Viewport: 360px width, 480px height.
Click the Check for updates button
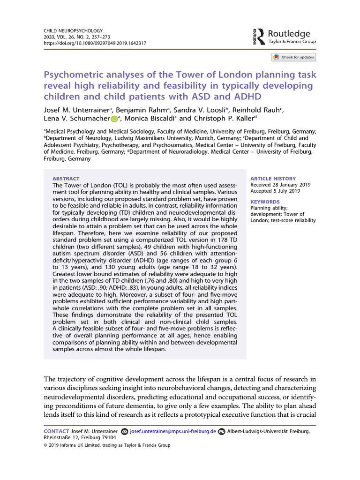pyautogui.click(x=294, y=57)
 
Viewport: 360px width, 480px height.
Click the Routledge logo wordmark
pyautogui.click(x=289, y=33)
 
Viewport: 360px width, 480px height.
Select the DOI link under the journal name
pyautogui.click(x=95, y=43)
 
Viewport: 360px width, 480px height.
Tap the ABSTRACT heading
pyautogui.click(x=66, y=179)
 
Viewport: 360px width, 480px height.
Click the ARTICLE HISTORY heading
pyautogui.click(x=273, y=179)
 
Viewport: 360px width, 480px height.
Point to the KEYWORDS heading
pyautogui.click(x=265, y=202)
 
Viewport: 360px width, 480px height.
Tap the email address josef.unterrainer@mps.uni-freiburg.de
pyautogui.click(x=172, y=431)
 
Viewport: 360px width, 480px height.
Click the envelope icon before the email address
pyautogui.click(x=124, y=431)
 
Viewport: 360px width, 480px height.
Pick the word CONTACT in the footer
pyautogui.click(x=56, y=431)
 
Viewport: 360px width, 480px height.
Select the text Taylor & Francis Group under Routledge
pyautogui.click(x=293, y=42)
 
